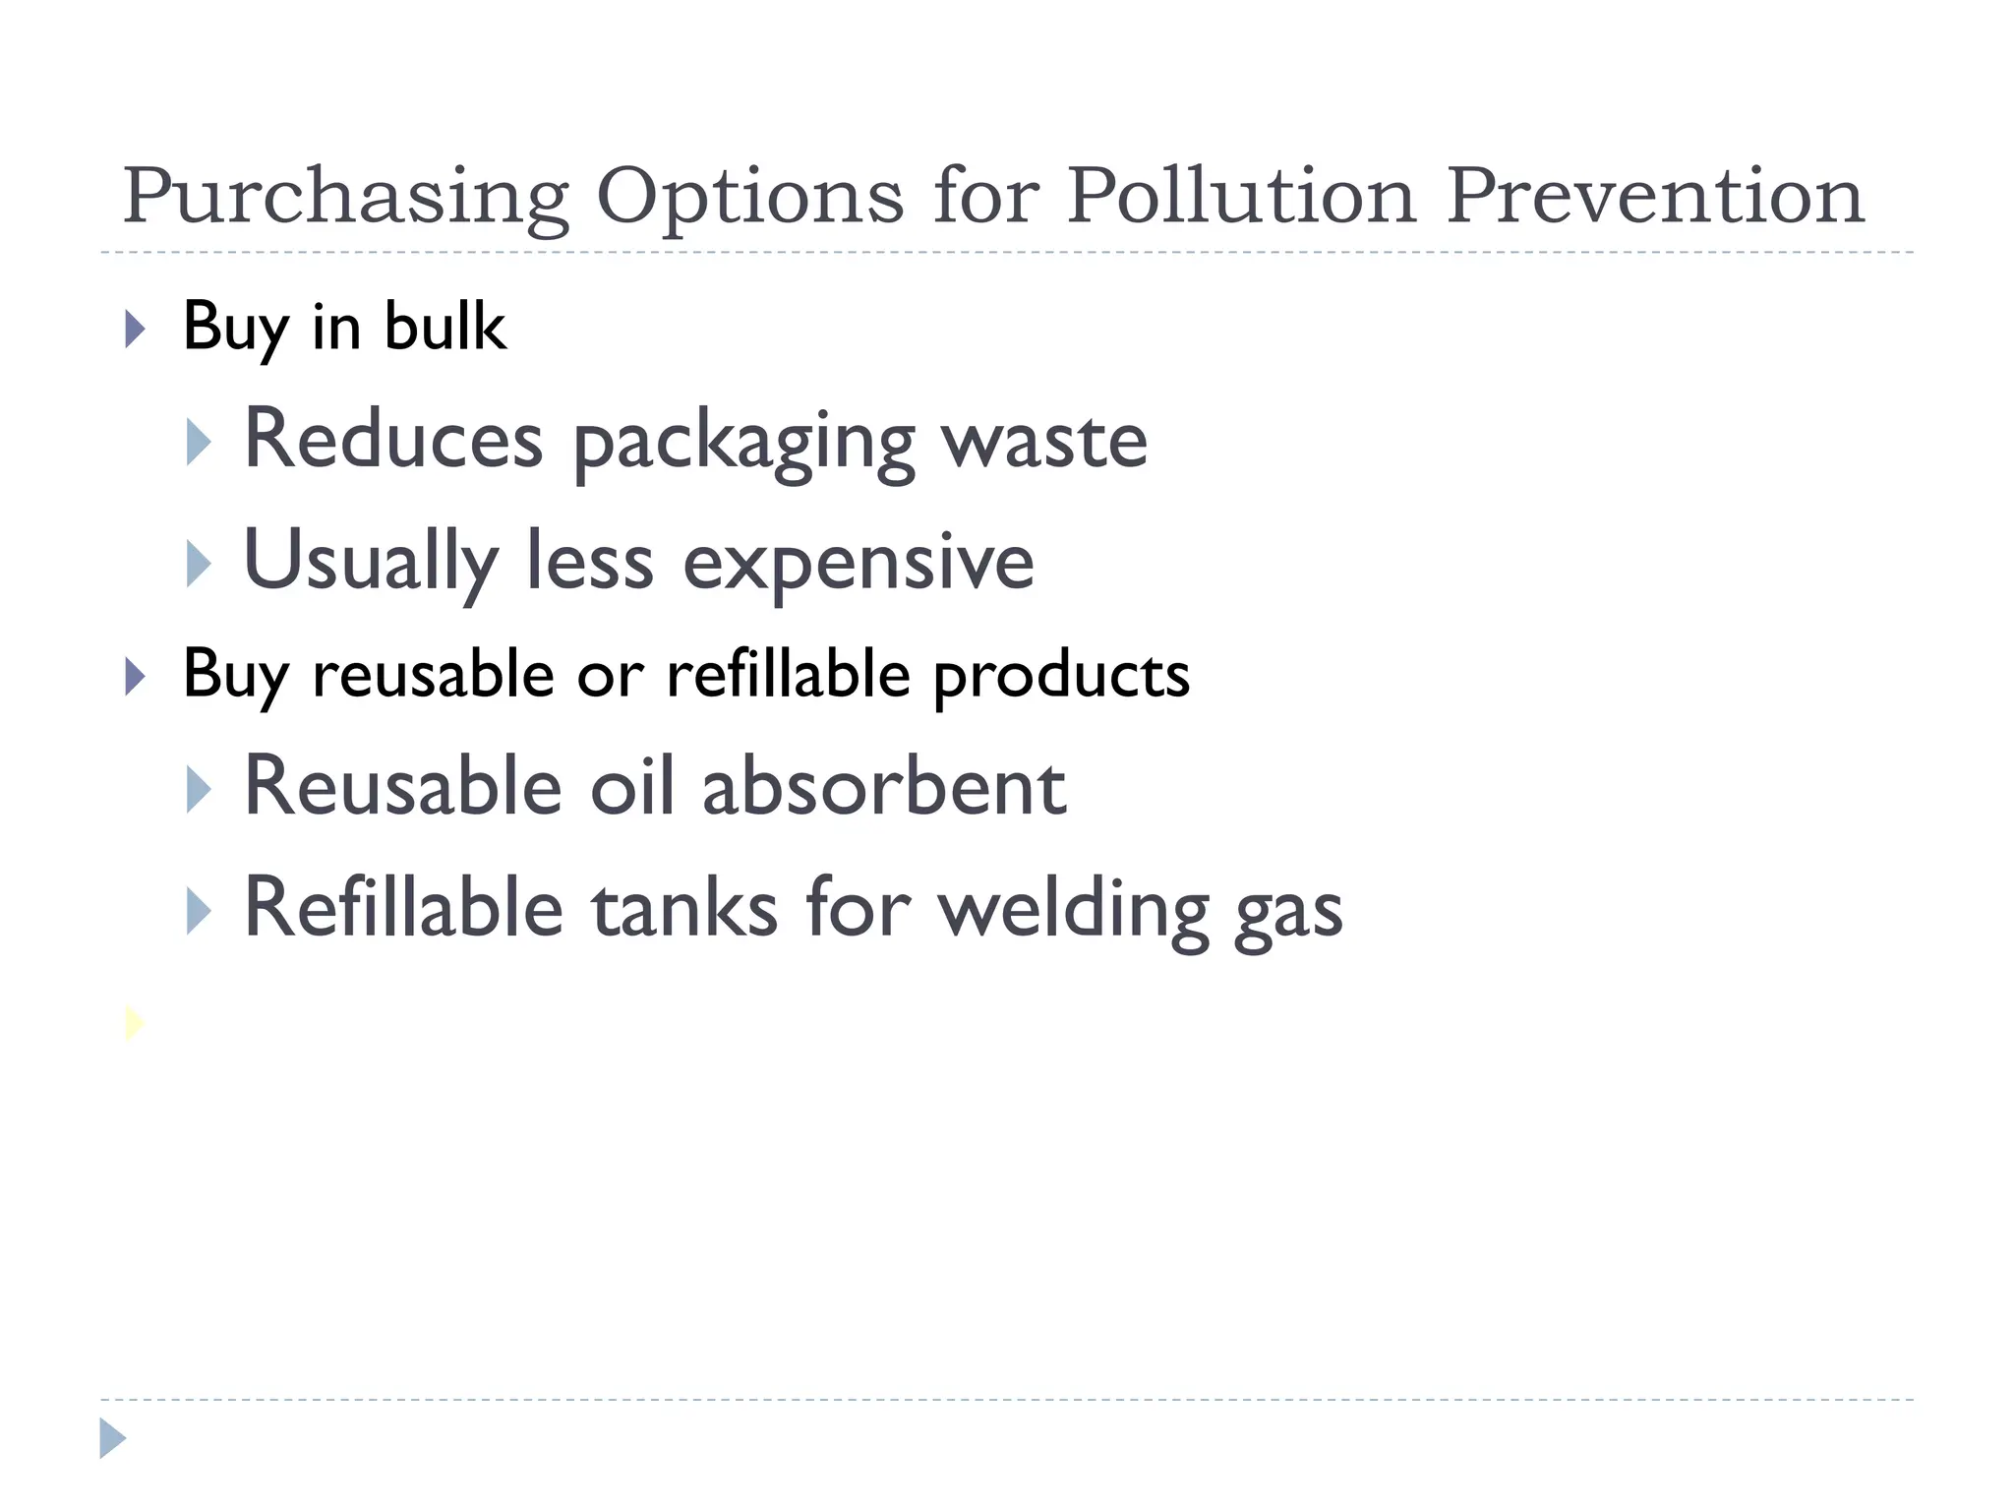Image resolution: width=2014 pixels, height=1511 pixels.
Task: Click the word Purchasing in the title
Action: (x=345, y=197)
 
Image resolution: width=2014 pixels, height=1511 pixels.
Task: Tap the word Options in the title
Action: (x=749, y=197)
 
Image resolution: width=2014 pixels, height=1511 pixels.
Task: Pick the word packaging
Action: (x=743, y=442)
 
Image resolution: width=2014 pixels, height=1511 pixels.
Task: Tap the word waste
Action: (x=1044, y=442)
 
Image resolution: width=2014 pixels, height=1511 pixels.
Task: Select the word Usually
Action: (x=370, y=562)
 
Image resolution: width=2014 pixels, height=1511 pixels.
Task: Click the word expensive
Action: (x=858, y=564)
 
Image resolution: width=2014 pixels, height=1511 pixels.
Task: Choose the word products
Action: (x=1061, y=677)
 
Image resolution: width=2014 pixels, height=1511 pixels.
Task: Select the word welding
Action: (x=1073, y=910)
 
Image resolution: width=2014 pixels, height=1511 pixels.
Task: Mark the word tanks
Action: (x=684, y=908)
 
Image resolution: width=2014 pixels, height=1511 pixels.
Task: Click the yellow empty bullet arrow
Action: (x=135, y=1023)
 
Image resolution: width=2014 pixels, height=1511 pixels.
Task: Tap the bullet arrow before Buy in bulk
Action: (x=136, y=329)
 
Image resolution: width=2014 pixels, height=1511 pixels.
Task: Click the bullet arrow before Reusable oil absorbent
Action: (x=198, y=790)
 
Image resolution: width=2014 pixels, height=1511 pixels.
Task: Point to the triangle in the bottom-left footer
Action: (x=112, y=1438)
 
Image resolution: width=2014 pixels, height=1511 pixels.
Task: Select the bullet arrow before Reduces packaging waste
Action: (x=198, y=443)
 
